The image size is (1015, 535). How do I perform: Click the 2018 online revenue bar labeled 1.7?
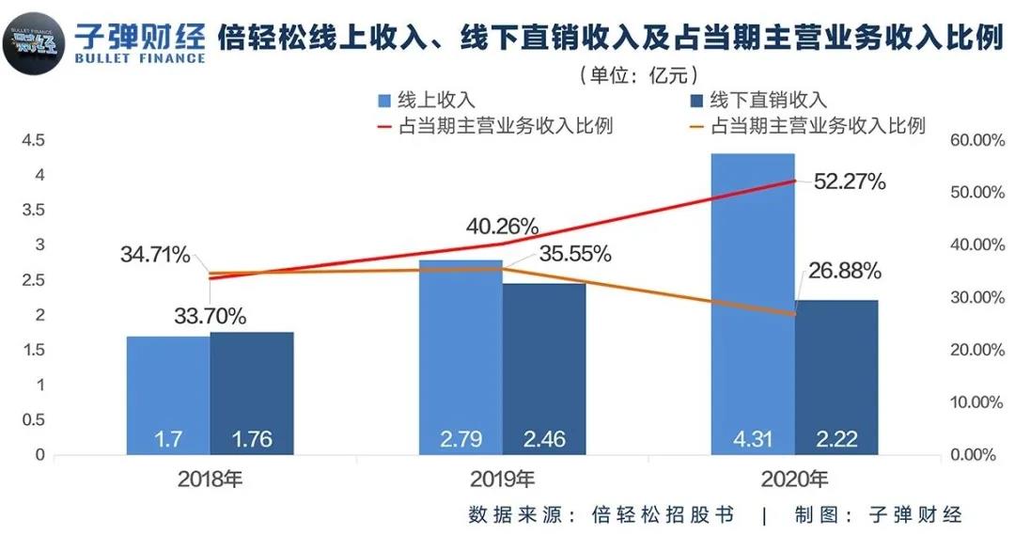click(168, 395)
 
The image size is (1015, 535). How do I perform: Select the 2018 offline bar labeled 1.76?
click(252, 393)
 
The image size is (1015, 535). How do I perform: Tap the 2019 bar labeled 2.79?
click(461, 357)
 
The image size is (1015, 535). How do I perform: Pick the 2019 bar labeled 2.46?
click(544, 369)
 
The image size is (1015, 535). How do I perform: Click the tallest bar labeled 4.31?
click(753, 301)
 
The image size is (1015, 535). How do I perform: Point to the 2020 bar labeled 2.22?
click(836, 376)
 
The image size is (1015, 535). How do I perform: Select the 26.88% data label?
click(844, 272)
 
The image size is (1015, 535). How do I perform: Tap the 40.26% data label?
click(503, 227)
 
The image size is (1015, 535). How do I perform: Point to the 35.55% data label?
click(576, 253)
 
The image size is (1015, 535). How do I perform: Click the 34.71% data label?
click(155, 254)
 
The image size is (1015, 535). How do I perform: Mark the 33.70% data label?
click(210, 317)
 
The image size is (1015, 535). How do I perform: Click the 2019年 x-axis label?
click(503, 480)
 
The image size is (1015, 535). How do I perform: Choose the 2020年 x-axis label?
click(794, 480)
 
